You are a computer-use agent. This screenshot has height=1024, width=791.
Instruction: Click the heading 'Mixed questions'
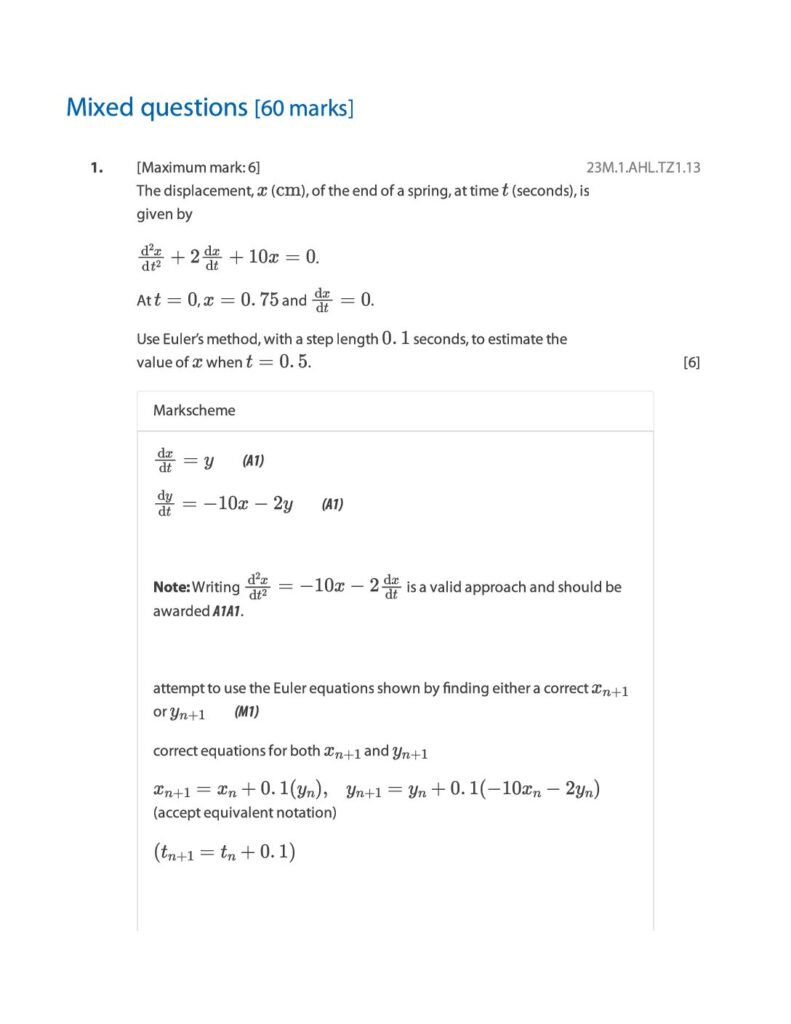click(156, 107)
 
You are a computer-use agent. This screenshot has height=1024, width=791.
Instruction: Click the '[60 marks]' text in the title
click(304, 108)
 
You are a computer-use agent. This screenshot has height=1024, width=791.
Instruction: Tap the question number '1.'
click(96, 167)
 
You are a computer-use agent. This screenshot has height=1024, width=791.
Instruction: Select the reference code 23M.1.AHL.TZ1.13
click(643, 167)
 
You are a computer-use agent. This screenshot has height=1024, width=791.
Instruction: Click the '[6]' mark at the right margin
click(691, 362)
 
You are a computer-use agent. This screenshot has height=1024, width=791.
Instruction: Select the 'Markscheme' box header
click(195, 410)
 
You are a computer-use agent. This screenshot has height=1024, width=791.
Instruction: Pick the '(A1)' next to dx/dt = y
click(253, 461)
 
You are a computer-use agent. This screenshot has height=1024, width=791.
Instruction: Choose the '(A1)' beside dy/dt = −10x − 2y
click(332, 505)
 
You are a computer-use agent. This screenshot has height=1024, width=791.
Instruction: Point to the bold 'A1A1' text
click(228, 611)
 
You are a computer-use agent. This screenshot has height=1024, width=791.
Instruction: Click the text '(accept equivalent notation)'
click(245, 813)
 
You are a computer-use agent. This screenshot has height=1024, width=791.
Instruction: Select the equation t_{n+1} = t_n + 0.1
click(225, 852)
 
